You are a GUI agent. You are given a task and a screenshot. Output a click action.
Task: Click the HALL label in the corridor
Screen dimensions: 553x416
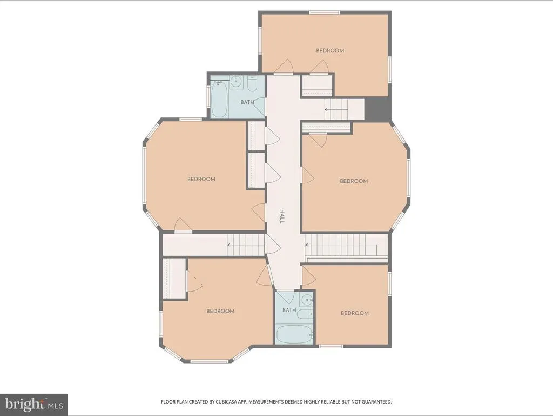tap(282, 216)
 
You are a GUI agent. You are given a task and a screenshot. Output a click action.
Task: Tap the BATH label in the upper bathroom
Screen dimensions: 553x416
tap(247, 102)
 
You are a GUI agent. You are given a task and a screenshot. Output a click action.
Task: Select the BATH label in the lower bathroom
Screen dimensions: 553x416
tap(289, 310)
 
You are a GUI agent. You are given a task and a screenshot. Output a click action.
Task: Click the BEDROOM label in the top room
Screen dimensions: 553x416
tap(330, 50)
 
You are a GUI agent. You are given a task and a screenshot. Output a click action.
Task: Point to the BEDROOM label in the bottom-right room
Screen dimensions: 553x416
tap(355, 313)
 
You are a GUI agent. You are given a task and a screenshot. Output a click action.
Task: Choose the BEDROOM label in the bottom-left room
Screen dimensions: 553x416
tap(220, 311)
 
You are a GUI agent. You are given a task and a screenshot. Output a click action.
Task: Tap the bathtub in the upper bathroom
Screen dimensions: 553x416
tap(219, 99)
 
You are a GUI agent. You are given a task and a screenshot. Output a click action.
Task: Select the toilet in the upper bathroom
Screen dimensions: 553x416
tap(252, 84)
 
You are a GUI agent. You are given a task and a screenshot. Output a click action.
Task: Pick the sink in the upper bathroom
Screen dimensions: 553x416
tap(235, 82)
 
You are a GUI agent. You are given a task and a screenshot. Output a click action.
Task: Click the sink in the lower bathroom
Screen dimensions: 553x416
tap(307, 300)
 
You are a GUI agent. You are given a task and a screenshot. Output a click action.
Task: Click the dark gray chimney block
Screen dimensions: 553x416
tap(377, 109)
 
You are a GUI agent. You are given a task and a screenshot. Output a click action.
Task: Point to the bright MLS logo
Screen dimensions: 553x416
tap(34, 404)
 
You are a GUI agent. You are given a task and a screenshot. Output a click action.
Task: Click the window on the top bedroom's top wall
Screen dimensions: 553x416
tap(325, 12)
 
